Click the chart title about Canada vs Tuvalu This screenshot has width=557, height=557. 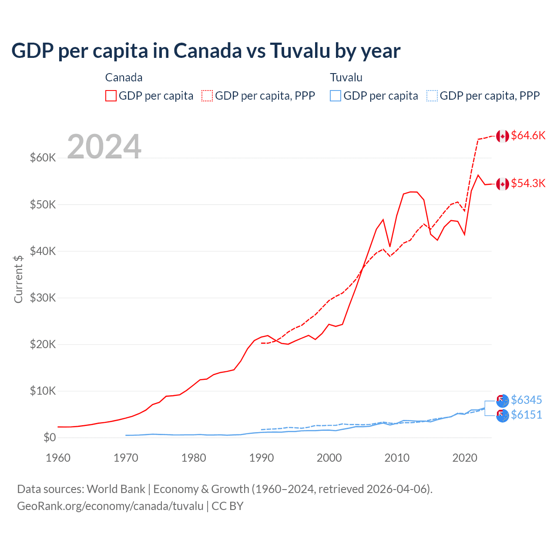205,51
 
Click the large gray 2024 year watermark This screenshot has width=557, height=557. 104,147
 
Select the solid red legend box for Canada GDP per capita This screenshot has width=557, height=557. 111,96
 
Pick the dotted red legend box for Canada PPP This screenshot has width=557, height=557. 207,96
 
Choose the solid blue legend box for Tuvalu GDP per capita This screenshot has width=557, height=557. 336,96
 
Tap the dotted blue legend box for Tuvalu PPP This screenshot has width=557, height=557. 432,96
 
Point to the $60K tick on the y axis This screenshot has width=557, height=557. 43,158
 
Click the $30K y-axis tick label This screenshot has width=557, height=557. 43,298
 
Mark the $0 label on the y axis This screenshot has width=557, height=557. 49,437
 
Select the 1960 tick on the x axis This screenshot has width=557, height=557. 58,458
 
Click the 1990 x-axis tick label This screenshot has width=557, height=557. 262,458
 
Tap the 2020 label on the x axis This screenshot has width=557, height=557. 465,458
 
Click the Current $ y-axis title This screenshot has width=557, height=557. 18,279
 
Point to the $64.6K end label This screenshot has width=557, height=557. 528,135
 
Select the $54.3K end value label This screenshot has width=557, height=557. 528,183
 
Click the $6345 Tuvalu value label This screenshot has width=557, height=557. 526,400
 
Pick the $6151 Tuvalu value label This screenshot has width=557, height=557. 526,415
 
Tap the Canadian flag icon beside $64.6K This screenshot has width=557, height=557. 503,136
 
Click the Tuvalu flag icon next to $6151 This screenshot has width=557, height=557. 503,416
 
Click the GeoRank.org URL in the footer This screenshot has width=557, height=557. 110,506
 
